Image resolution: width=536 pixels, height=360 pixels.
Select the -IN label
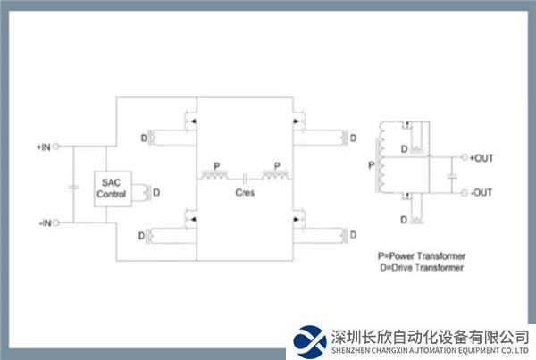(44, 222)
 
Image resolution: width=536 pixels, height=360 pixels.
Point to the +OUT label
(482, 159)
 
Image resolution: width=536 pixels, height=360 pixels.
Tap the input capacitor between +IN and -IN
(71, 187)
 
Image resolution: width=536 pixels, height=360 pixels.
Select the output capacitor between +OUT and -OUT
(453, 177)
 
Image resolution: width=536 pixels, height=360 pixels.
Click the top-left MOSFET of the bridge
(189, 120)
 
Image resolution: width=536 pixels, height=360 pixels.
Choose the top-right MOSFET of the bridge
(297, 120)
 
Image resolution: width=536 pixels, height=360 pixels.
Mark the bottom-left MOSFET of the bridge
(189, 216)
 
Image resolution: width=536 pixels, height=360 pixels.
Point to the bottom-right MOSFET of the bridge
(297, 217)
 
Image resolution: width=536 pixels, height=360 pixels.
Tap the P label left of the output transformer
(371, 166)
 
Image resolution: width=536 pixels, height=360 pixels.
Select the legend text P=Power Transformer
(422, 255)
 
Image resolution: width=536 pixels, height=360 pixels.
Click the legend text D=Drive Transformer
(420, 267)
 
